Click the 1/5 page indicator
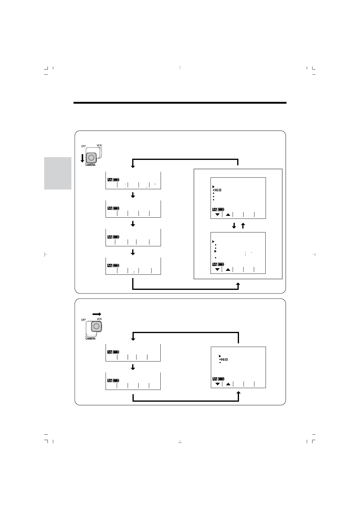point(110,180)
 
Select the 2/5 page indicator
point(110,208)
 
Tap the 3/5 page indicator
point(110,237)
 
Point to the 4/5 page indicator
point(110,265)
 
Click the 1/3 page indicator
point(110,352)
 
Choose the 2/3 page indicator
point(110,380)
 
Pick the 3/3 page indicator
point(214,379)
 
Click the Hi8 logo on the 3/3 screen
point(224,359)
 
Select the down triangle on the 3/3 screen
point(218,384)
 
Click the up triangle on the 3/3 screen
point(228,384)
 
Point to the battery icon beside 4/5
point(116,265)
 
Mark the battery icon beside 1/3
point(116,352)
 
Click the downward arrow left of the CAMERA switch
point(82,158)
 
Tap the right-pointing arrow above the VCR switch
point(97,314)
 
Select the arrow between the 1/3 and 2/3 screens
point(133,367)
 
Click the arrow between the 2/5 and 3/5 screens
point(133,224)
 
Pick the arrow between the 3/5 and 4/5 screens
point(133,252)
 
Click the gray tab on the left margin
point(58,173)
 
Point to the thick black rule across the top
point(180,103)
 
